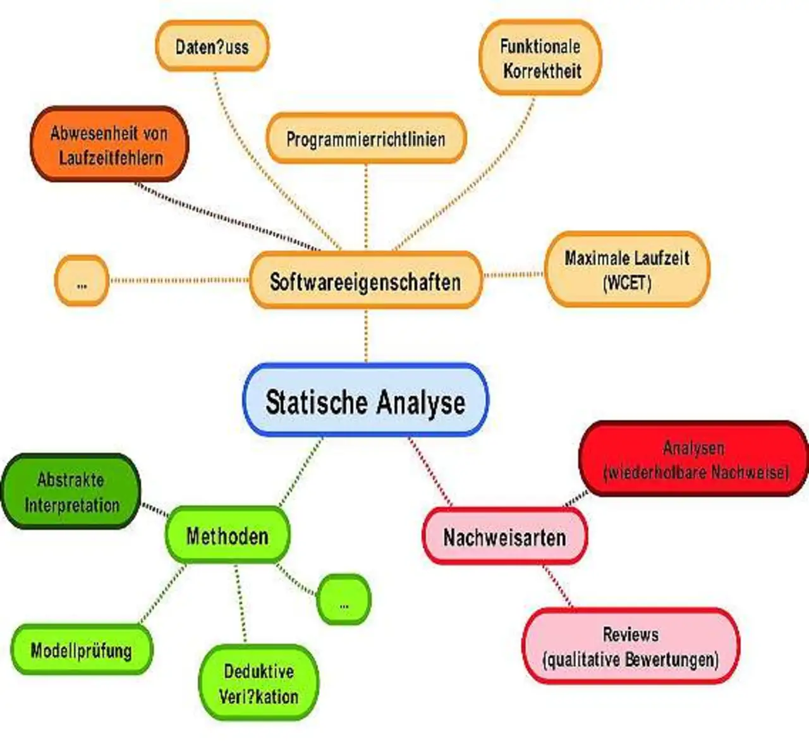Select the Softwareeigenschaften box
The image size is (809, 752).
coord(365,281)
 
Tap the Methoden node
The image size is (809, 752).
coord(228,536)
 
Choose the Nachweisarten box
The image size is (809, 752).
coord(504,537)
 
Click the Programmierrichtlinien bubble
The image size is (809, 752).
coord(366,138)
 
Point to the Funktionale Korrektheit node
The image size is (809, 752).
coord(541,58)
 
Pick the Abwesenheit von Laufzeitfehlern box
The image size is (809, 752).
coord(109,145)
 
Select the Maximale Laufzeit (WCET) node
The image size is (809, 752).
coord(627,269)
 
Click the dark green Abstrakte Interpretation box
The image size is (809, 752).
coord(71,492)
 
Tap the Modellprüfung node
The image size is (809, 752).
coord(82,650)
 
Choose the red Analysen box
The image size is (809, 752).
coord(694,459)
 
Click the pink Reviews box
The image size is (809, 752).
coord(631,646)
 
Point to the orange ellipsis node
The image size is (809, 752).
coord(82,281)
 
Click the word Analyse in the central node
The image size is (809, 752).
coord(421,402)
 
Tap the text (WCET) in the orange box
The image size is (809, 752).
coord(627,282)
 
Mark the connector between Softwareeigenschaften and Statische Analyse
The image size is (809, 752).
coord(366,335)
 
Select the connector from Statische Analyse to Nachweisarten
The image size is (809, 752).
coord(431,471)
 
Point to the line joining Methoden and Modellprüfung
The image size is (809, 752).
coord(162,595)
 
